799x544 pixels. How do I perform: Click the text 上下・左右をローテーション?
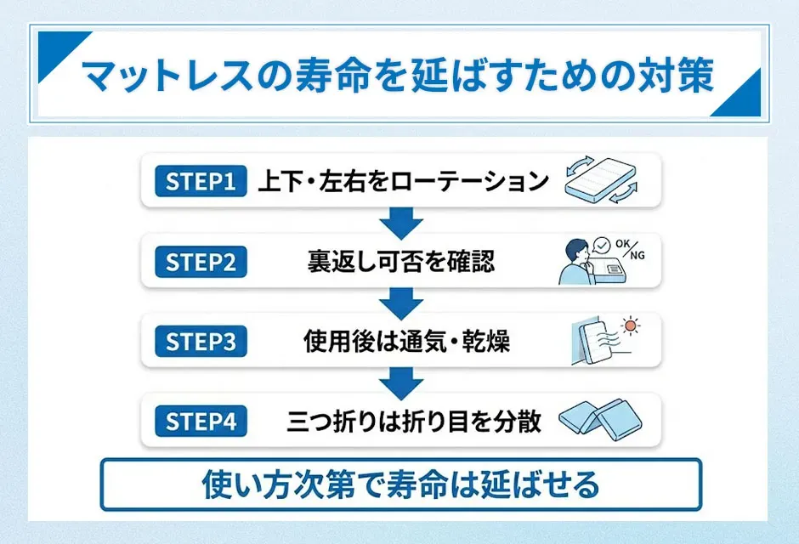403,181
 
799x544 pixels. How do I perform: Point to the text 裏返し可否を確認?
399,262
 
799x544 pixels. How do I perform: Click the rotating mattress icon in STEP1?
601,181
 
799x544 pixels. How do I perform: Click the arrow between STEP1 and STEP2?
400,223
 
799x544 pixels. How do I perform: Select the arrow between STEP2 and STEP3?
400,303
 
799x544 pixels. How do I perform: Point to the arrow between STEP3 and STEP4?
400,382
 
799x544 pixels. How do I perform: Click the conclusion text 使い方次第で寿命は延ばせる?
400,485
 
